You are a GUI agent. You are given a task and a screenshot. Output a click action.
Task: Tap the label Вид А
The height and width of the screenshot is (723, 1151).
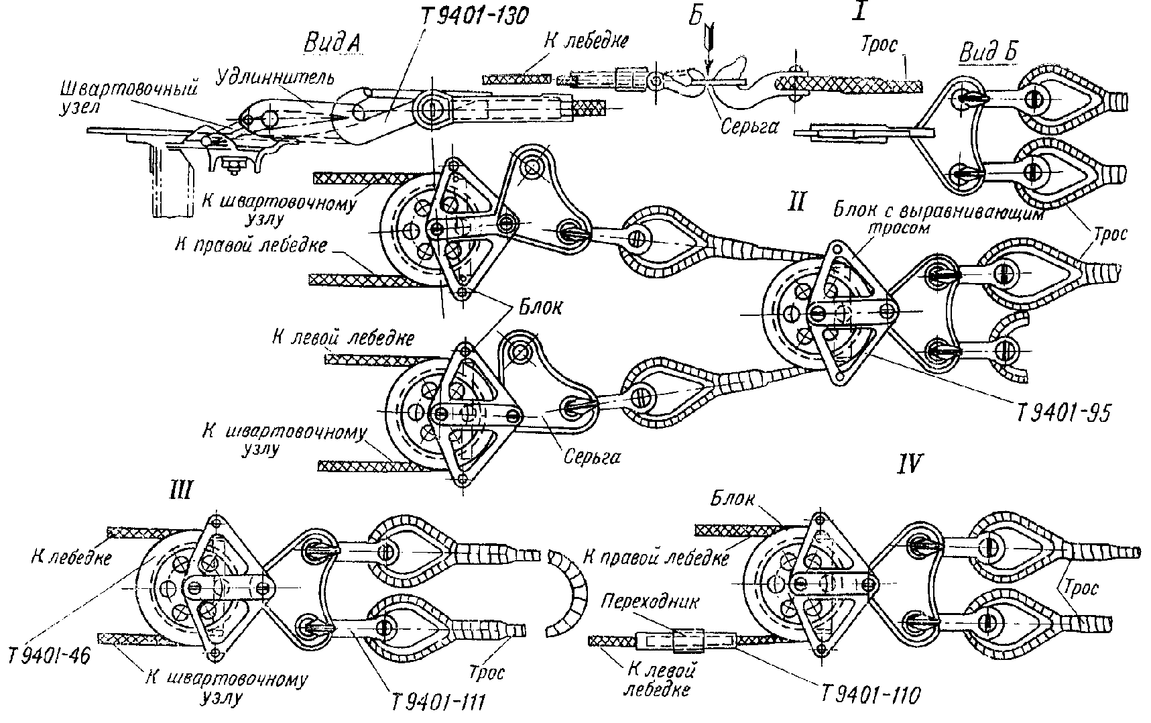point(332,43)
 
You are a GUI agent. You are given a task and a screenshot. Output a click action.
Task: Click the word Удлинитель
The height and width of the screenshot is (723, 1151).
point(275,79)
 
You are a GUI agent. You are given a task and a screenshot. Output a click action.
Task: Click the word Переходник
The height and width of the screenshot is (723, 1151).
point(650,602)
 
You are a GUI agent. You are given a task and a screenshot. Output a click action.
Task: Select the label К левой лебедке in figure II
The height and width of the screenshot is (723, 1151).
point(343,338)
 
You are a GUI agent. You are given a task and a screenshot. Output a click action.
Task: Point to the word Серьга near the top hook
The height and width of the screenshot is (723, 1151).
point(749,125)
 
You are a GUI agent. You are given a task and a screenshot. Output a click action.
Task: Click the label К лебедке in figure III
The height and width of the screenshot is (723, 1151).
point(70,557)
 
